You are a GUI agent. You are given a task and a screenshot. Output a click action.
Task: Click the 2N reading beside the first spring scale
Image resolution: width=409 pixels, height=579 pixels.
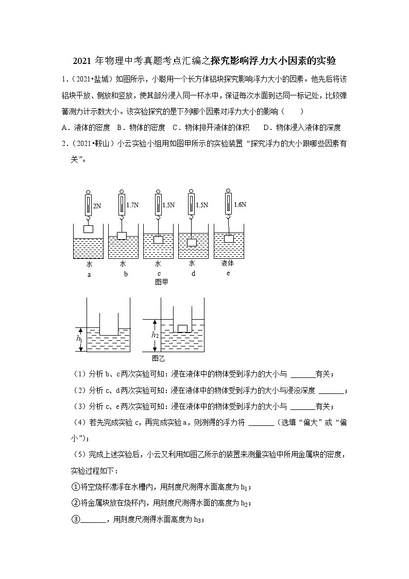(x=97, y=206)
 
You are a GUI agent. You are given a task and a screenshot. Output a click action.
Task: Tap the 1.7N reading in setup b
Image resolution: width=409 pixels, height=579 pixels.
(x=133, y=205)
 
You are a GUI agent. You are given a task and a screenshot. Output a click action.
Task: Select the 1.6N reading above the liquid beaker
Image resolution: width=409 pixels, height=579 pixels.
(x=240, y=204)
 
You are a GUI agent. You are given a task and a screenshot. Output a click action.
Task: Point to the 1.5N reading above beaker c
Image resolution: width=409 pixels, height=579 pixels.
(x=168, y=205)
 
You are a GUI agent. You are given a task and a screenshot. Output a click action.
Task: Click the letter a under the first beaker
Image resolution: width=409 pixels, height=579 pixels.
(x=89, y=274)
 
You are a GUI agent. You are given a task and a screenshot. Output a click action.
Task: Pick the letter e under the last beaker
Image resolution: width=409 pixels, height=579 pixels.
(x=228, y=273)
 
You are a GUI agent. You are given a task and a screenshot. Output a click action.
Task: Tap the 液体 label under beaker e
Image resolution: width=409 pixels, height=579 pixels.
(x=228, y=263)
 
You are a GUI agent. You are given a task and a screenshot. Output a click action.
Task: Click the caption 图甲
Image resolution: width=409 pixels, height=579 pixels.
(x=161, y=282)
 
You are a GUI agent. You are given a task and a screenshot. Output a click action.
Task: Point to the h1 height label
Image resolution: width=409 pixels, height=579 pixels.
(x=79, y=339)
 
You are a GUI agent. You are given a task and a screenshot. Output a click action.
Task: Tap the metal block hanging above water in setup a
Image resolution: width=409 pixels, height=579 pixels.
(x=89, y=228)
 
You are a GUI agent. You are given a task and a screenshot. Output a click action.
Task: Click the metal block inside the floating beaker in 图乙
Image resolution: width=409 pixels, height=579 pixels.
(x=182, y=328)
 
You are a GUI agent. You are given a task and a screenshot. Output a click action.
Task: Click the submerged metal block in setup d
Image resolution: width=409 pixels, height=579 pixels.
(x=192, y=242)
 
